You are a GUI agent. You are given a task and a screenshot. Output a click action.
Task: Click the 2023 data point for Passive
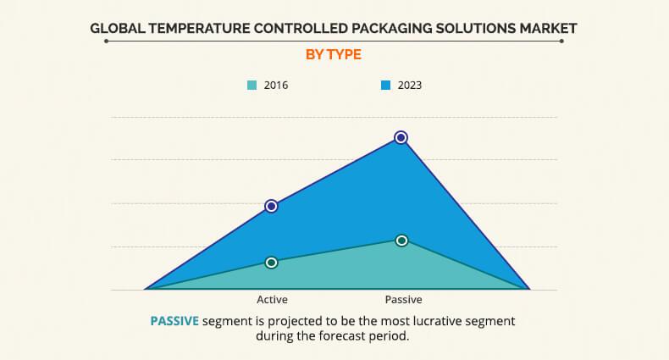[x=401, y=137]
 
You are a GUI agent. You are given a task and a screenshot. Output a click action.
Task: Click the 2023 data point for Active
[x=271, y=206]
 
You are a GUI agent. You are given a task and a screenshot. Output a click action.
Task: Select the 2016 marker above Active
[x=271, y=263]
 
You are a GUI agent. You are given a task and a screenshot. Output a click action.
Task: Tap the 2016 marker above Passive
[x=401, y=241]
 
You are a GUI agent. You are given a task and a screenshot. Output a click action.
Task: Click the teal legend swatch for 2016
[x=252, y=85]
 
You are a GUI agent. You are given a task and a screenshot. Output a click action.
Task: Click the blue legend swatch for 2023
[x=385, y=85]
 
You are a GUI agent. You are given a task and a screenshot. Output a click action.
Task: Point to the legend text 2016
[x=275, y=86]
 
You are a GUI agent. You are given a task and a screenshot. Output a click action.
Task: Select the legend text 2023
[x=409, y=86]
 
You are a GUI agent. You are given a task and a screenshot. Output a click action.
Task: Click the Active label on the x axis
[x=271, y=300]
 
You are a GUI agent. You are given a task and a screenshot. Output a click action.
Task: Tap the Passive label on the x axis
[x=403, y=300]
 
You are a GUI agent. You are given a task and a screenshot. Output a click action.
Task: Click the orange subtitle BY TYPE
[x=334, y=54]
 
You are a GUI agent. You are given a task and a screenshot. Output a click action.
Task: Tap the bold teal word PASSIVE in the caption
[x=174, y=321]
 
